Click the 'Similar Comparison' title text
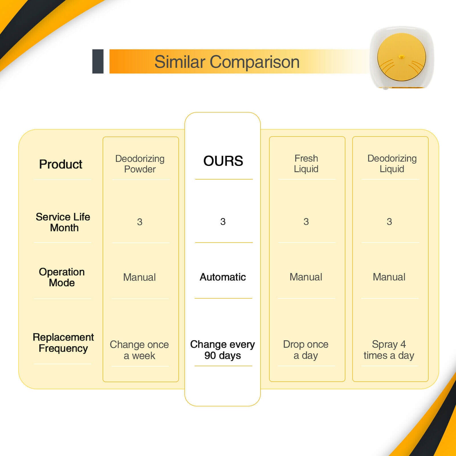click(227, 62)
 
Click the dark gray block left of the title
click(98, 61)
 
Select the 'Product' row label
click(61, 164)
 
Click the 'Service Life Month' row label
click(63, 222)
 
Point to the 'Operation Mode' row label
click(62, 277)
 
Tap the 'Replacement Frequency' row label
click(63, 343)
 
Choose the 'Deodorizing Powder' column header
click(140, 164)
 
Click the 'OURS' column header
click(223, 161)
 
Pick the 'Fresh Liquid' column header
click(306, 164)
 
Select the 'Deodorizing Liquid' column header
click(392, 164)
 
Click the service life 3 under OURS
click(223, 222)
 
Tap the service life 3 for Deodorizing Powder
click(140, 222)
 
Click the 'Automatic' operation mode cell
click(223, 277)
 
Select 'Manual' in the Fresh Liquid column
click(306, 277)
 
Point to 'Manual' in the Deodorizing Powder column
click(139, 277)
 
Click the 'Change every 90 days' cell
click(223, 350)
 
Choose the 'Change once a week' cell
click(139, 350)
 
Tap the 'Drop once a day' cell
click(306, 350)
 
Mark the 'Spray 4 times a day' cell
click(389, 350)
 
